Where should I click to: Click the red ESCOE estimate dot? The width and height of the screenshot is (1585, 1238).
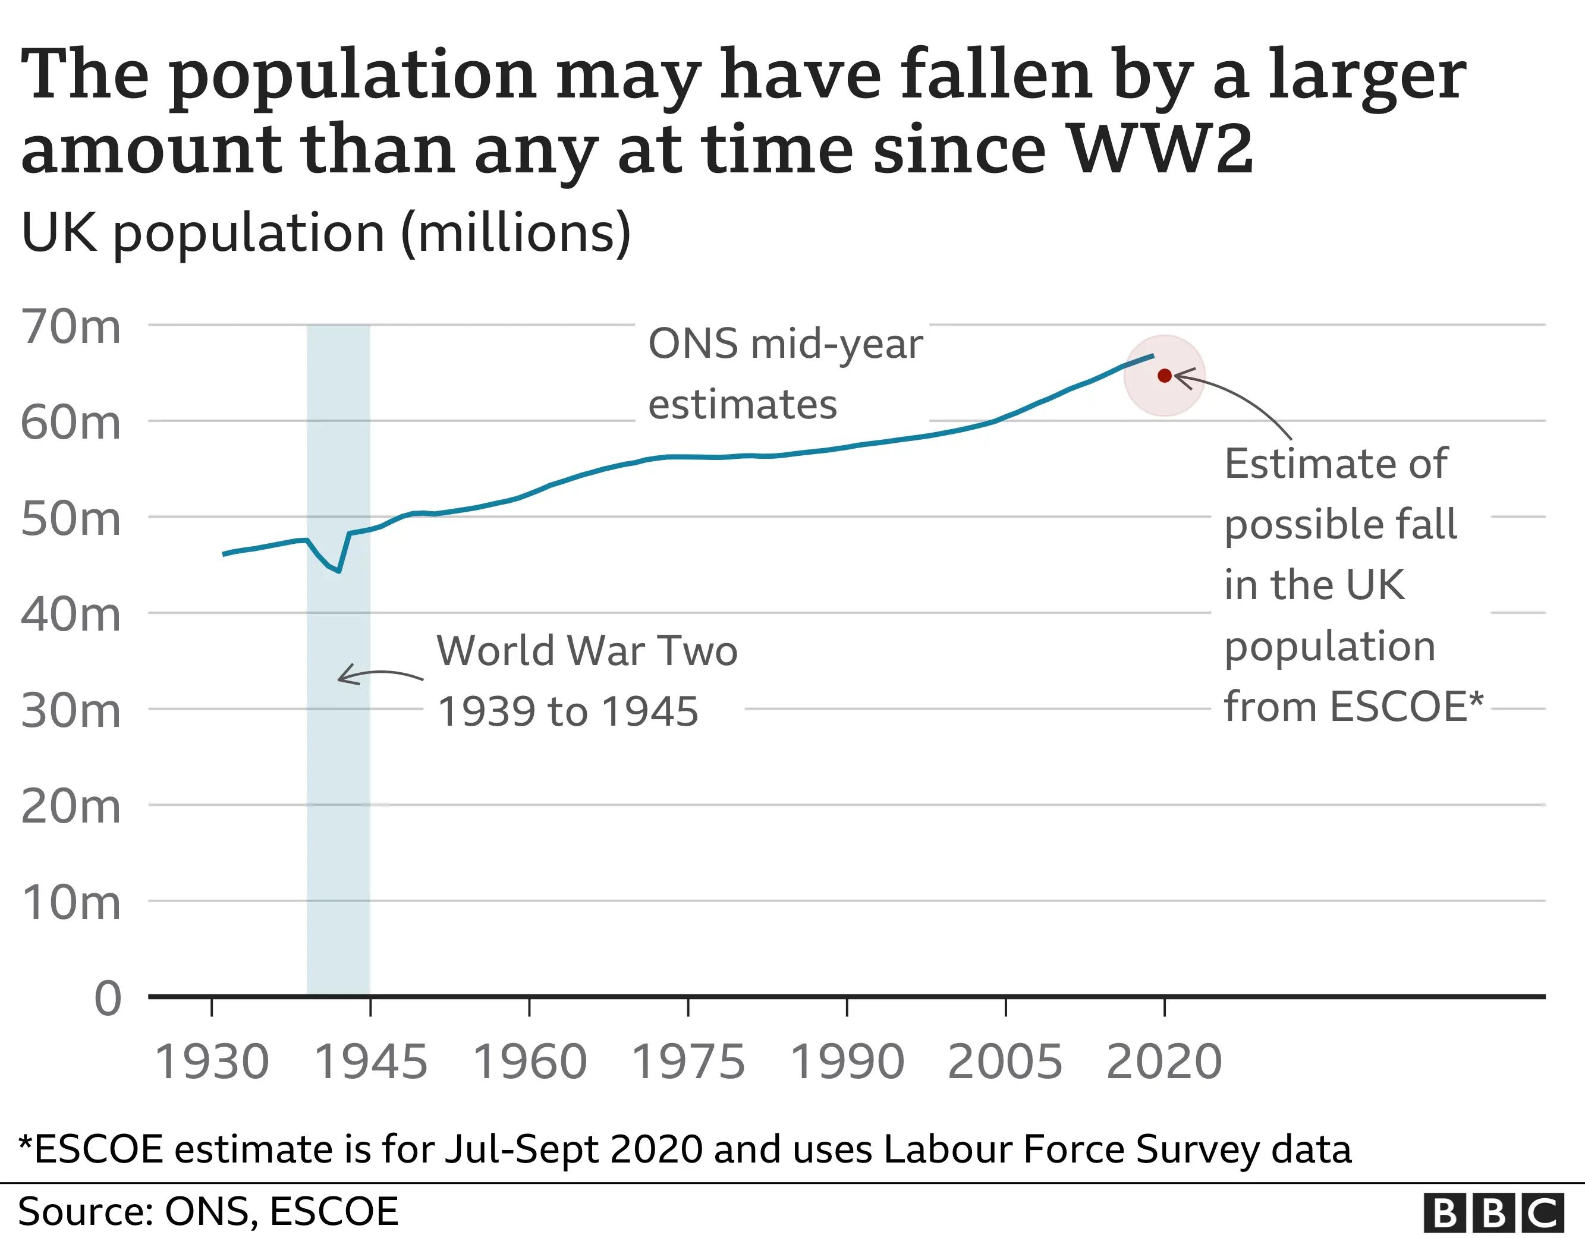[x=1164, y=375]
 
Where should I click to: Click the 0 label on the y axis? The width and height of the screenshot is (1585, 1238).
[x=108, y=998]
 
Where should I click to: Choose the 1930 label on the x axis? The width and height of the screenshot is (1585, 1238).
[x=212, y=1061]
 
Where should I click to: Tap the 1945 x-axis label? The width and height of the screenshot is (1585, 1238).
[x=370, y=1061]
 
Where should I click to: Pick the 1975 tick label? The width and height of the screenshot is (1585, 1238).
[x=688, y=1061]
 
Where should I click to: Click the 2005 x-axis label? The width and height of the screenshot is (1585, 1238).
[x=1005, y=1061]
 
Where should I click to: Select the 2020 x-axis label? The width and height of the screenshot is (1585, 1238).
[x=1164, y=1061]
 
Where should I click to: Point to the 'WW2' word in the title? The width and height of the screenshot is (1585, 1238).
[x=1161, y=150]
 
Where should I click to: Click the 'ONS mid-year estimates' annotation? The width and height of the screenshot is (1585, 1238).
[x=784, y=373]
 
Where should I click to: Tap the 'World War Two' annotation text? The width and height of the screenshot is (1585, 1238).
[x=586, y=650]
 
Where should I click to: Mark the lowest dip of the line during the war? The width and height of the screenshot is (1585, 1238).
[x=339, y=571]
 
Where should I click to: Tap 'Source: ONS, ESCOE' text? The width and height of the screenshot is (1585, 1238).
[x=208, y=1211]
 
